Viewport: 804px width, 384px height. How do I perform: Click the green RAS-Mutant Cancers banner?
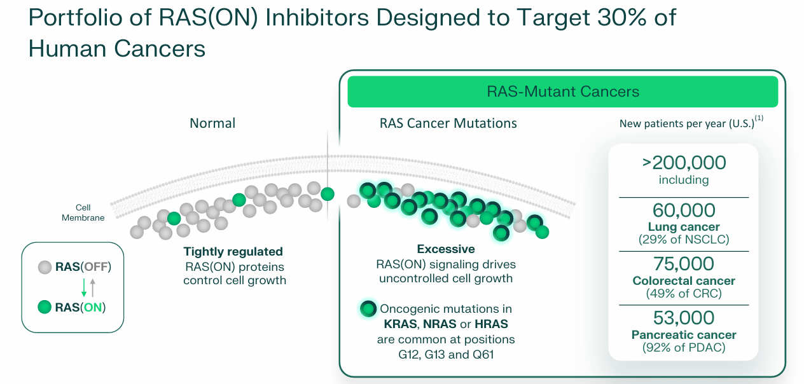point(562,92)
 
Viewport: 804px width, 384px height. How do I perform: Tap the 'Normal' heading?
point(212,123)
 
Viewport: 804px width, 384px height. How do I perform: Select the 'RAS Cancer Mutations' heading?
point(448,123)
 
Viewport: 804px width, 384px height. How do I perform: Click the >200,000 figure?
point(684,163)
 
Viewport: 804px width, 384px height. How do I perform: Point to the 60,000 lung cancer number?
point(684,210)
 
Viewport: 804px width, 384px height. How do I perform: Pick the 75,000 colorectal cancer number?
point(684,264)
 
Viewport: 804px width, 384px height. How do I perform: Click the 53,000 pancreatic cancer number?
point(684,318)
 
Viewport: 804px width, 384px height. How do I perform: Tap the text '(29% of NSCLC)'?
point(684,240)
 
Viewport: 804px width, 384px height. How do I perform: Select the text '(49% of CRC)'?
point(684,294)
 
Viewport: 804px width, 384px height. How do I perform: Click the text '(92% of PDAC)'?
point(684,348)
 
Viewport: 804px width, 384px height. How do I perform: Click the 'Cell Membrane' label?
point(83,213)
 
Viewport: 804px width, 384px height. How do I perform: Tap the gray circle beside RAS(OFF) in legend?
point(45,267)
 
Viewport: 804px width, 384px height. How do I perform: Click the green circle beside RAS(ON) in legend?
point(45,308)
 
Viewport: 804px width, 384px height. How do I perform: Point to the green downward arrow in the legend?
point(83,287)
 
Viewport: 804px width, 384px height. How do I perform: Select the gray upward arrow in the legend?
point(93,287)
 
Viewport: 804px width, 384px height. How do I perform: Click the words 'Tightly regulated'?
point(233,252)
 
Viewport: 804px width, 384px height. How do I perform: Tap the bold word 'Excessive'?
point(445,249)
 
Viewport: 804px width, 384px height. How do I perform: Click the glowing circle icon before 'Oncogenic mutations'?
point(368,309)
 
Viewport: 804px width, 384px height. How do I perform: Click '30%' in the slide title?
point(613,18)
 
